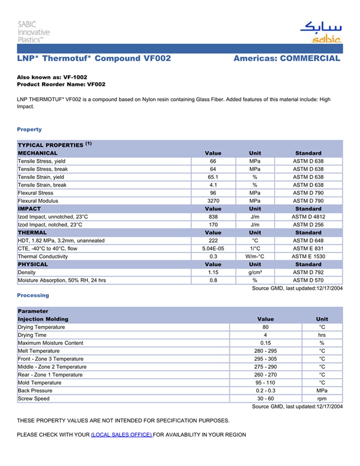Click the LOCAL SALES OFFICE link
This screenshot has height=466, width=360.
tap(121, 435)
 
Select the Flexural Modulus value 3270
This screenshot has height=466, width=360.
tap(213, 201)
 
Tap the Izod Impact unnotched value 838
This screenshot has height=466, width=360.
tap(213, 217)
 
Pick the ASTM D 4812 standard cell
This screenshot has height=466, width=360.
tap(308, 217)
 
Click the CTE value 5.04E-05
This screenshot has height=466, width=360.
tap(213, 248)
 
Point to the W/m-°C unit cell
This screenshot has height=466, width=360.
tap(255, 256)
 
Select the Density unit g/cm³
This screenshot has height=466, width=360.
tap(255, 272)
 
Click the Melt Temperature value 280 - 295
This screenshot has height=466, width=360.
tap(265, 351)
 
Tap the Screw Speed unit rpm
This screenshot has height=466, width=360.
tap(322, 399)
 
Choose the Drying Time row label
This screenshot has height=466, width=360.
tap(32, 335)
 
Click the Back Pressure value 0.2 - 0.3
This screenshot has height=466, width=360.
tap(265, 391)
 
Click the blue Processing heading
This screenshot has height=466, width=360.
tap(33, 295)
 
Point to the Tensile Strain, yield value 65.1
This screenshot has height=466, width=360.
tap(213, 177)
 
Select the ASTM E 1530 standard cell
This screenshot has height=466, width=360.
tap(308, 256)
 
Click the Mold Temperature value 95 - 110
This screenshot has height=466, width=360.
tap(265, 383)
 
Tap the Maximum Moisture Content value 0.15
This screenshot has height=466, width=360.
tap(265, 343)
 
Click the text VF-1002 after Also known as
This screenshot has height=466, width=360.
tap(75, 77)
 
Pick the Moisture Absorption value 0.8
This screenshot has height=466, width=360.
tap(213, 280)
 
